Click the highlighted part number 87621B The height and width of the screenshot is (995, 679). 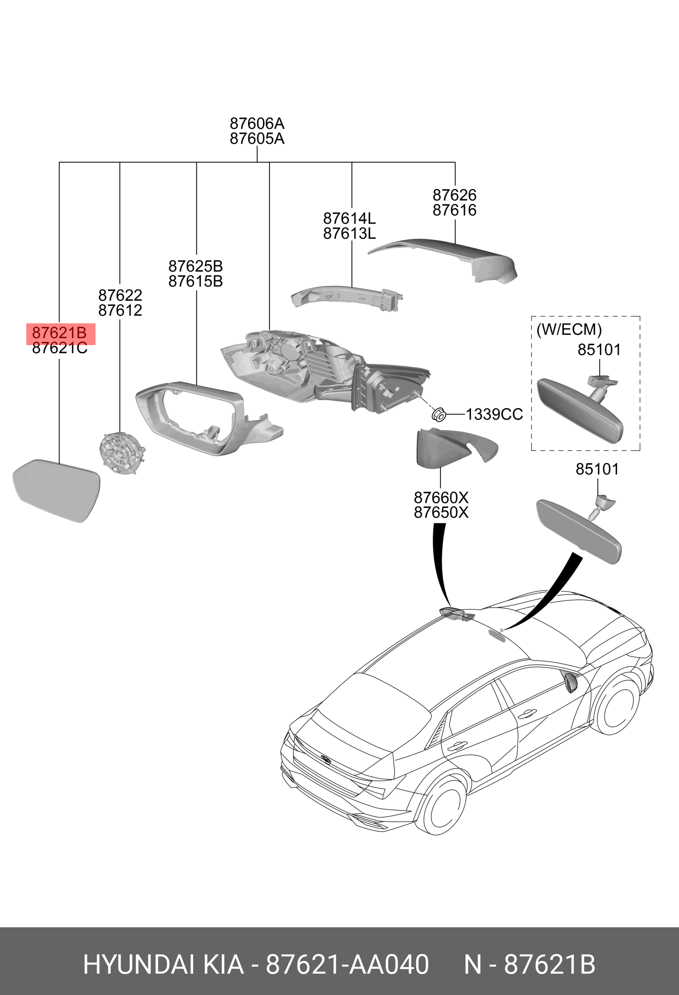pos(59,333)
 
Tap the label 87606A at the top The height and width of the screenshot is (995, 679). pos(257,124)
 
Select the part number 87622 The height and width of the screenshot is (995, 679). pos(120,295)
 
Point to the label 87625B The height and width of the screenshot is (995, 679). pos(196,266)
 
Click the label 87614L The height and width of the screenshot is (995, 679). pos(349,219)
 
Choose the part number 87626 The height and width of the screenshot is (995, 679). pos(454,195)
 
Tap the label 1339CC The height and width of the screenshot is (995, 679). pos(494,414)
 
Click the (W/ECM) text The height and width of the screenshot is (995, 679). pos(569,329)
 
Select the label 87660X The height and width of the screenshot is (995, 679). pos(441,497)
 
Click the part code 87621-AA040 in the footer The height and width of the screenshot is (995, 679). pos(347,965)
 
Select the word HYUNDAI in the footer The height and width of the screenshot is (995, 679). pos(139,965)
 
